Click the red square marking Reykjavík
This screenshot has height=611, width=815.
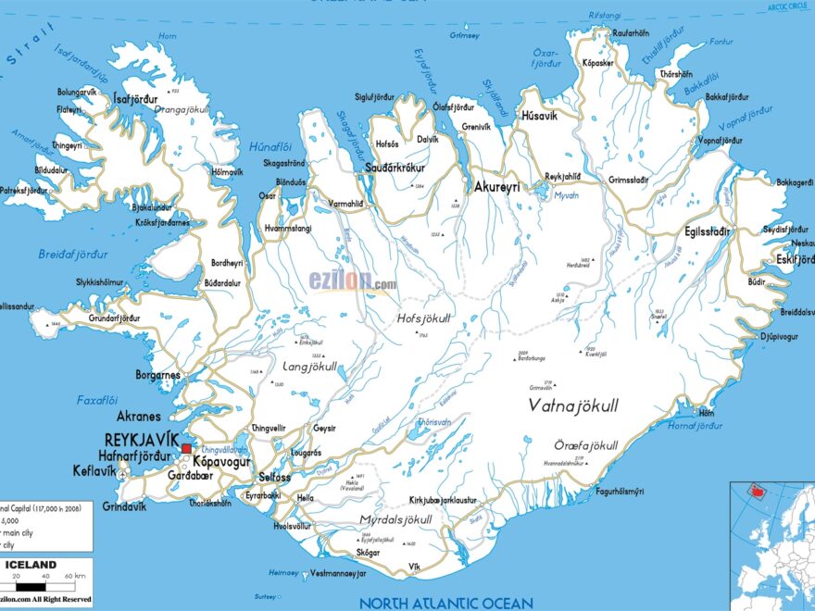(186, 448)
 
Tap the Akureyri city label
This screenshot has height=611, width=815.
(496, 187)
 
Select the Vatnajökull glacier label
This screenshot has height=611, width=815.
(573, 405)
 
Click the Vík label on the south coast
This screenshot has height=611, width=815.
(413, 567)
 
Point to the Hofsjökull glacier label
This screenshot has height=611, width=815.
(423, 318)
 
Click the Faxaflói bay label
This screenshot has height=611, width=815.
(97, 401)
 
